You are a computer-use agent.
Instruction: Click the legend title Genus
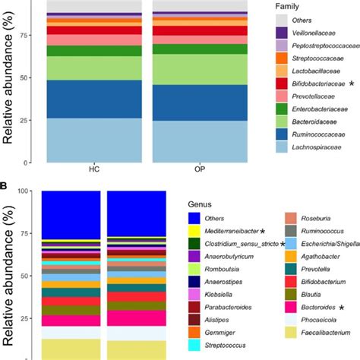click(x=201, y=204)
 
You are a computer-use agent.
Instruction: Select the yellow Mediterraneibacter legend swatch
click(x=195, y=230)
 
